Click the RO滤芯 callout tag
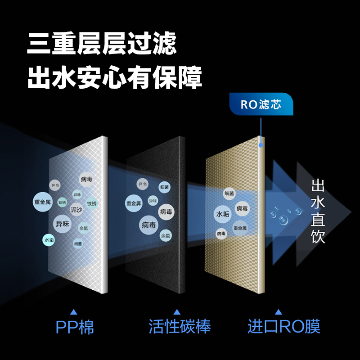click(261, 105)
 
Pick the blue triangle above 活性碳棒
click(177, 311)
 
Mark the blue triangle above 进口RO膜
click(279, 311)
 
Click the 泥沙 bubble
click(76, 210)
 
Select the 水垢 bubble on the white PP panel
click(49, 240)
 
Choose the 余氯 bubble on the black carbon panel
click(166, 235)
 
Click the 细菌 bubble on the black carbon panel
click(164, 187)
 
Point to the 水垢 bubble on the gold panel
click(223, 214)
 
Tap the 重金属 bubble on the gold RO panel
click(240, 228)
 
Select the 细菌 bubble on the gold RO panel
click(229, 193)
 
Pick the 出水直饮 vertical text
click(318, 211)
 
